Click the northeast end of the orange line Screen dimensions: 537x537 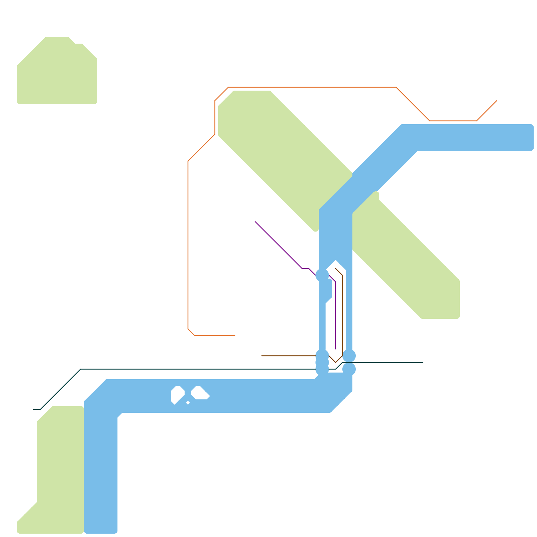(x=497, y=100)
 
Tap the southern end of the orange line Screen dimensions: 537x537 (x=235, y=336)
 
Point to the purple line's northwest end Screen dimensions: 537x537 (x=255, y=222)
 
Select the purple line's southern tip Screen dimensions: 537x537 (x=336, y=349)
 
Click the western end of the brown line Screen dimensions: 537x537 (x=262, y=356)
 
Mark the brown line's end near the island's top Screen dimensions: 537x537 (x=336, y=268)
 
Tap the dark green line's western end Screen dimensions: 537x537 (x=34, y=409)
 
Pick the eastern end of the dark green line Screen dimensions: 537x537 (x=423, y=362)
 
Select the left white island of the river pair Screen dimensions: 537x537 (x=177, y=394)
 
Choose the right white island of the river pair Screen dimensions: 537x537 (x=200, y=393)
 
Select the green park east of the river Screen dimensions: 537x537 (x=409, y=262)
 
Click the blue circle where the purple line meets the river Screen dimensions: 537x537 (x=322, y=275)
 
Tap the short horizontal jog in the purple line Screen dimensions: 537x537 (x=305, y=268)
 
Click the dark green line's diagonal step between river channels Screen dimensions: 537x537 (x=339, y=366)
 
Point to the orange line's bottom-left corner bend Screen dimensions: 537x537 (x=191, y=332)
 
